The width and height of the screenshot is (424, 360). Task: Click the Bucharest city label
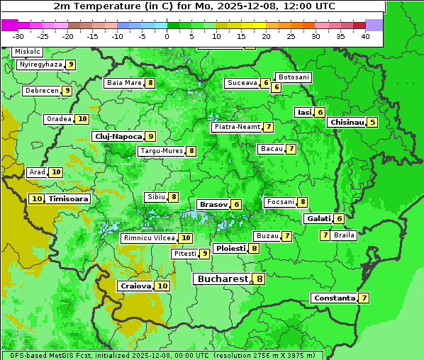click(x=223, y=279)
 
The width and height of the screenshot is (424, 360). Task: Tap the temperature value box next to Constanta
click(x=364, y=298)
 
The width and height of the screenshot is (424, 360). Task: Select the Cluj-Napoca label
click(x=117, y=136)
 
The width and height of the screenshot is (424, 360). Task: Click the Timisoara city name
click(x=69, y=199)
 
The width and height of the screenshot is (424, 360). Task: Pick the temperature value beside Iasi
click(x=320, y=112)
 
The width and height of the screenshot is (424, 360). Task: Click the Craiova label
click(x=135, y=286)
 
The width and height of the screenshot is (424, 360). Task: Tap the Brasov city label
click(x=213, y=204)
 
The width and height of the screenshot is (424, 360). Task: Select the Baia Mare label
click(x=123, y=83)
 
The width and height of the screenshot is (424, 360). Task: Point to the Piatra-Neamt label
click(x=237, y=127)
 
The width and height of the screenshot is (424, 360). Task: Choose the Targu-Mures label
click(x=161, y=151)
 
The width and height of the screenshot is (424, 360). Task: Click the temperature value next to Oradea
click(x=82, y=119)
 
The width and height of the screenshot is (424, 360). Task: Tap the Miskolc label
click(x=27, y=52)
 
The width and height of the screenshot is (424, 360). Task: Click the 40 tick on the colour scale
click(x=365, y=35)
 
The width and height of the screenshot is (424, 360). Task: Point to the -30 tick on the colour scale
click(x=18, y=35)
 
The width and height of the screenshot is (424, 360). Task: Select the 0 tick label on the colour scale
click(x=167, y=35)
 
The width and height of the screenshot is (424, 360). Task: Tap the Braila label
click(x=344, y=235)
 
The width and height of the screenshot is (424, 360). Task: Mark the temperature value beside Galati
click(x=339, y=219)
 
